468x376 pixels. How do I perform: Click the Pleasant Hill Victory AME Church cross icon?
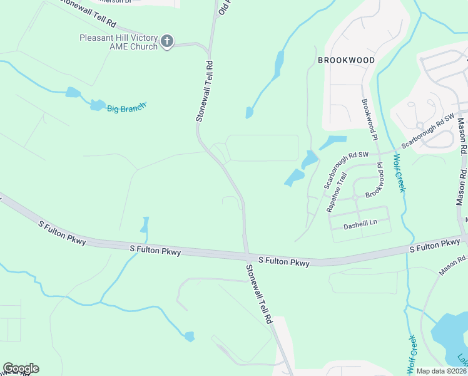[x=166, y=41]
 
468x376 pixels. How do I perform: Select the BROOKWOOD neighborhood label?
[x=346, y=60]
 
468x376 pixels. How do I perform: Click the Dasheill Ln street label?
[x=361, y=222]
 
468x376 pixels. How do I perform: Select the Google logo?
[x=21, y=368]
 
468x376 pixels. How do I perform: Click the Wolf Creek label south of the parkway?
[x=412, y=352]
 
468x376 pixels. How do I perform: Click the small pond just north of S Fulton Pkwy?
[x=146, y=224]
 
